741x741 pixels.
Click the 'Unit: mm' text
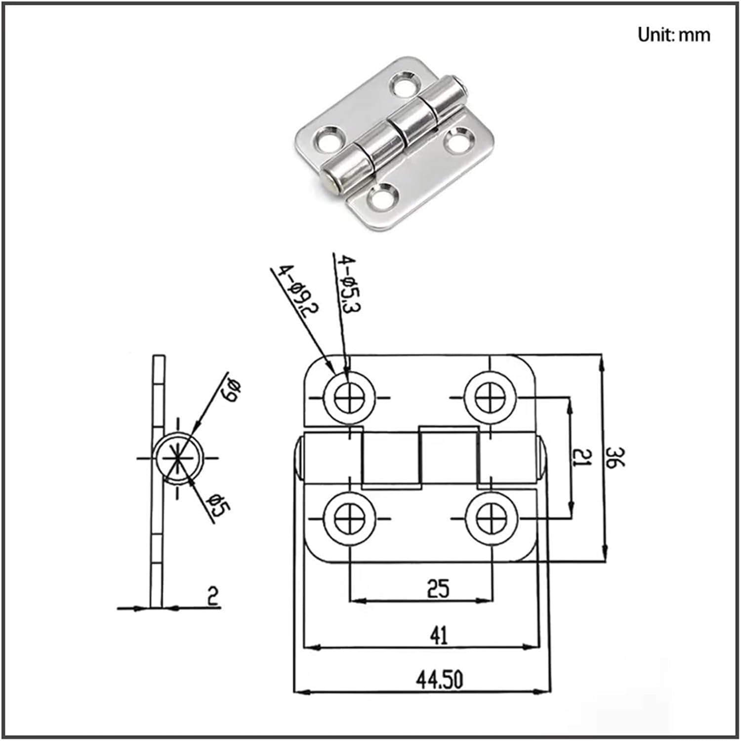673,35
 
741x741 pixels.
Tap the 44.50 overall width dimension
439,680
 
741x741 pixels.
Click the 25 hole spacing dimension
438,589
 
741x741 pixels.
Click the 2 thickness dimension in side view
212,596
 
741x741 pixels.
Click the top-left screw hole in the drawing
349,397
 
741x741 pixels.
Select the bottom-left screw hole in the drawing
349,519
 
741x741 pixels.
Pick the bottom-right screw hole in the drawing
491,519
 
